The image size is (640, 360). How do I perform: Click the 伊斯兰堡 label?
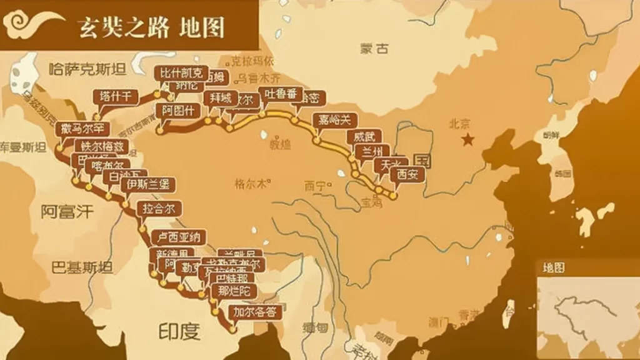[147, 184]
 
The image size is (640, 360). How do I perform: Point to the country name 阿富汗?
[67, 211]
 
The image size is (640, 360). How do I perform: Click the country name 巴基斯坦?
[82, 267]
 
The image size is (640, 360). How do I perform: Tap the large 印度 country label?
[179, 330]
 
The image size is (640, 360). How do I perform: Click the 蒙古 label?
[374, 49]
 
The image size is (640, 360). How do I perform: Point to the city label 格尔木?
[249, 184]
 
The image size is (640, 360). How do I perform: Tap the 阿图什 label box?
[178, 111]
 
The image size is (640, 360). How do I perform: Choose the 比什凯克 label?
[181, 73]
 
